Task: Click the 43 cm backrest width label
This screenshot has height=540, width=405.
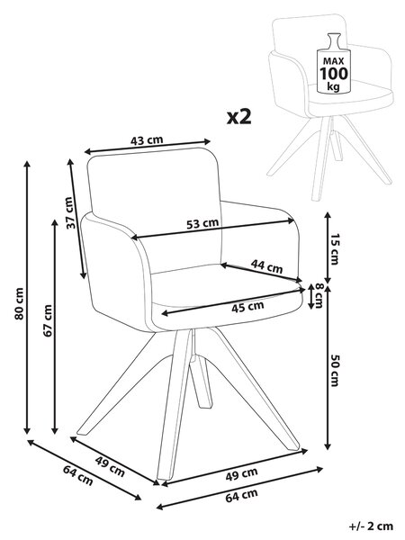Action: [x=147, y=140]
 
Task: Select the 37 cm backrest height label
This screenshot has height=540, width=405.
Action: [x=69, y=212]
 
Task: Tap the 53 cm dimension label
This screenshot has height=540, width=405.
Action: [x=202, y=224]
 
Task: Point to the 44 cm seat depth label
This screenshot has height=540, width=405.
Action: [x=266, y=266]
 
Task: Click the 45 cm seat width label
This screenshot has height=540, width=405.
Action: [x=247, y=307]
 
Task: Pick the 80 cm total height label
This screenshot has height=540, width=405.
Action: [x=19, y=304]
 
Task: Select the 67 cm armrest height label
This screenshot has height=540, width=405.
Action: [x=48, y=320]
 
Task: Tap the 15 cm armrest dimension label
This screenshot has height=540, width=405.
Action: [x=335, y=249]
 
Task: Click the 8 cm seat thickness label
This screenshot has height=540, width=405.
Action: [x=319, y=295]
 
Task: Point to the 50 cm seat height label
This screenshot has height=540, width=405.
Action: [x=335, y=370]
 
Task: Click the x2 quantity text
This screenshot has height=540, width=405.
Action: [x=239, y=117]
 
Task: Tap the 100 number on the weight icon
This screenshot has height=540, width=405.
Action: [x=334, y=74]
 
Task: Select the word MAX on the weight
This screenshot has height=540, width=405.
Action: [x=333, y=61]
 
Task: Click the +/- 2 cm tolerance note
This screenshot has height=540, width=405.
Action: [x=371, y=526]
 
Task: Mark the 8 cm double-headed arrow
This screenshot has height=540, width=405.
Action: [x=310, y=296]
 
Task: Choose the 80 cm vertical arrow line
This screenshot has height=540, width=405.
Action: [x=27, y=298]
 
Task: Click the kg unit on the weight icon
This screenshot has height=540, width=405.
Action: [x=333, y=86]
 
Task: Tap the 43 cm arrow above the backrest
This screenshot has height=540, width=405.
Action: [x=148, y=147]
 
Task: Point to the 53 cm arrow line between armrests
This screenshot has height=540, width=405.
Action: [x=212, y=229]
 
